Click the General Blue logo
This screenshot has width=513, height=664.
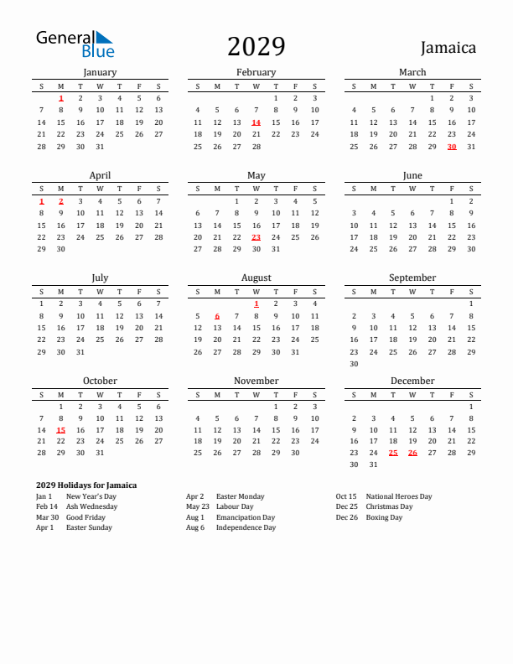(75, 44)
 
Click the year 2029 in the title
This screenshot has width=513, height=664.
(256, 46)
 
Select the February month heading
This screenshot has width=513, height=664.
(256, 72)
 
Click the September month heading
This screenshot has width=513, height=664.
(412, 278)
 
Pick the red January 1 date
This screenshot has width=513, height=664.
(61, 98)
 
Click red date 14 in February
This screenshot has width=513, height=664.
(256, 122)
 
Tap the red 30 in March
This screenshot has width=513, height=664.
(452, 147)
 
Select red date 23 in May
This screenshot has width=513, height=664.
(256, 237)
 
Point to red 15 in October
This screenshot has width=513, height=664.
(61, 430)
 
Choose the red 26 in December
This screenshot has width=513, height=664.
(412, 453)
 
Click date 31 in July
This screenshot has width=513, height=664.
(80, 352)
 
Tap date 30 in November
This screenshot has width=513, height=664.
(295, 453)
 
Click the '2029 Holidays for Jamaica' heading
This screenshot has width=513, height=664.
(86, 485)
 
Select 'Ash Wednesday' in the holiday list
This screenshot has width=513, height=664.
(85, 507)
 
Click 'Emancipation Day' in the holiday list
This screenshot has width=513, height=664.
(246, 517)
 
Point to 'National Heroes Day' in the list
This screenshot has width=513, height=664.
(399, 496)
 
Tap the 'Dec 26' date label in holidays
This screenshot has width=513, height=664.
(346, 517)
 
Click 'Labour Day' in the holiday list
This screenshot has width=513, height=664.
(235, 507)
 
